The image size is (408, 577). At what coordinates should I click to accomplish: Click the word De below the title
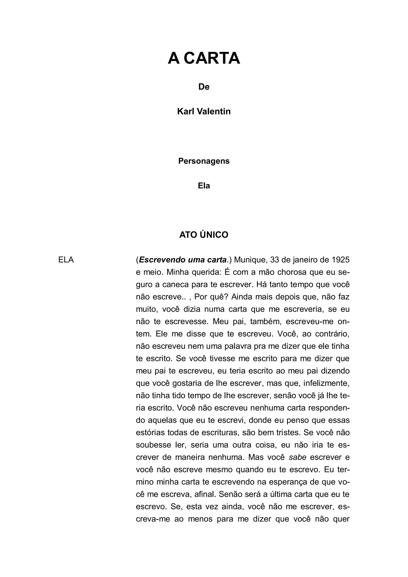click(204, 87)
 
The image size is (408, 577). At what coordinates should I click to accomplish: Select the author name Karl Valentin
click(204, 111)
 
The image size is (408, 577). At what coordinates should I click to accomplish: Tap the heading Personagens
click(204, 161)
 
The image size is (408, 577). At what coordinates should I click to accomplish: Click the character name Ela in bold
click(204, 186)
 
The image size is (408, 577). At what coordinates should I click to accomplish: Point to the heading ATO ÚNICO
click(204, 235)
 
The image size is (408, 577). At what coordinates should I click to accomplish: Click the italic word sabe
click(298, 457)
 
